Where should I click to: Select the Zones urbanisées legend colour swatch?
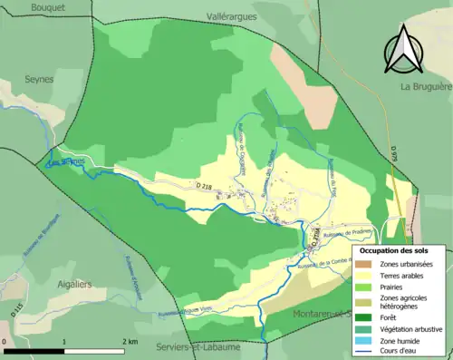(x=367, y=264)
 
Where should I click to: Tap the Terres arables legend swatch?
(x=367, y=276)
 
